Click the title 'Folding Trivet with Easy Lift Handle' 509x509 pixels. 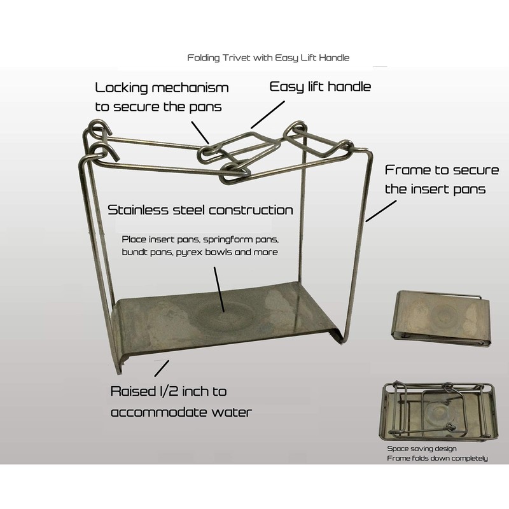coord(268,58)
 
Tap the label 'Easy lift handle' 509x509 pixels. coord(320,87)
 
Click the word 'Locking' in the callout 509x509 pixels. coord(122,88)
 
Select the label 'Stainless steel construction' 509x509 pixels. coord(200,210)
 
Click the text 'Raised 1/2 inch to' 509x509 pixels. coord(169,391)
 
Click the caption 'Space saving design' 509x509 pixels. coord(422,449)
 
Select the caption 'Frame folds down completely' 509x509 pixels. coord(437,458)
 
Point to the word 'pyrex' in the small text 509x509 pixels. coord(186,252)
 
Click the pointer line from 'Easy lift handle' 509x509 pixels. coord(268,115)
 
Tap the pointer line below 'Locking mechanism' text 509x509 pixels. coord(200,132)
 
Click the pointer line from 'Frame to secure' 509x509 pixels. coord(381,211)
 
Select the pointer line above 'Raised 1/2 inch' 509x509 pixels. coord(162,368)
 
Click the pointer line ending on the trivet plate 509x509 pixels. coord(219,289)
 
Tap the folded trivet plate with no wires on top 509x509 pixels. coord(442,319)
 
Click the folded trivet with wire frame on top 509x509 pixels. coord(438,410)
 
